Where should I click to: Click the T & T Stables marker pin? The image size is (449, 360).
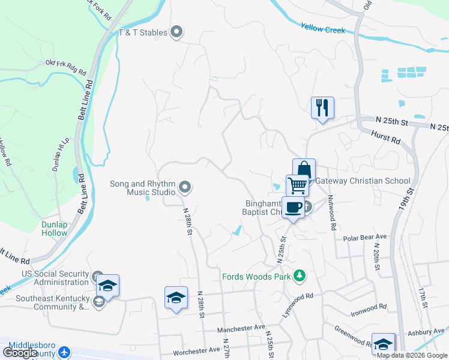[176, 32]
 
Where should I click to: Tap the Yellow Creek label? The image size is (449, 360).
[323, 28]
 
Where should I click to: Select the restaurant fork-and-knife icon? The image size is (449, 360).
[322, 107]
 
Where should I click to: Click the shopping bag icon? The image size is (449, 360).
[304, 170]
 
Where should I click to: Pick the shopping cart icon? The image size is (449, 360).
[297, 185]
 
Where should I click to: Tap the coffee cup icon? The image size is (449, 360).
[293, 207]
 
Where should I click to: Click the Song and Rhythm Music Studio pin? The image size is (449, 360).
[185, 188]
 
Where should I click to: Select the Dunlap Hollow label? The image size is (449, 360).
[55, 229]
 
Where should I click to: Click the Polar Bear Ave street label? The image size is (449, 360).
[365, 238]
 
